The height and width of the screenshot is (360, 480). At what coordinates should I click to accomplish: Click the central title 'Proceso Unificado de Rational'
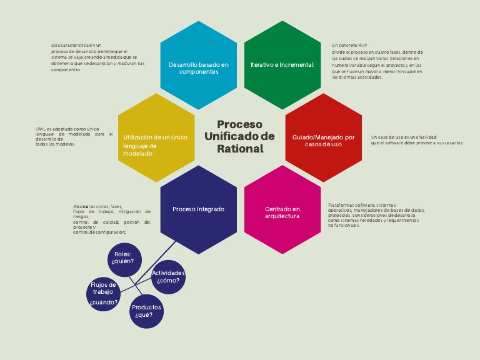click(240, 137)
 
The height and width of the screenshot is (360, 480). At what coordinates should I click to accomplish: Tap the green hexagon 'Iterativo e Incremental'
click(282, 66)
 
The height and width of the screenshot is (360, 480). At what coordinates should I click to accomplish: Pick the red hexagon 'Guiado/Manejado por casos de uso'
click(323, 138)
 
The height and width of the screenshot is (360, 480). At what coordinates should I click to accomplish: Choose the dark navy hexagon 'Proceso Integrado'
click(199, 209)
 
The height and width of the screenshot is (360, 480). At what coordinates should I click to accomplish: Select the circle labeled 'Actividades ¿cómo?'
click(168, 277)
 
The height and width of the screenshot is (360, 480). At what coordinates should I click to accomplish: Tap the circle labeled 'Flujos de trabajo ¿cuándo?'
click(104, 293)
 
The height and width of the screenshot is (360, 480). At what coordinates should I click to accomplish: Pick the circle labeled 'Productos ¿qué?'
click(147, 311)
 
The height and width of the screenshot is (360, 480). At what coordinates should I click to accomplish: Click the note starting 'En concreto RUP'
click(377, 61)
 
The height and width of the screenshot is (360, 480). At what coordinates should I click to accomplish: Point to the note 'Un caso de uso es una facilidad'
click(417, 140)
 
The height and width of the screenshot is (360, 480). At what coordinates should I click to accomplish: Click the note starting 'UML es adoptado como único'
click(74, 136)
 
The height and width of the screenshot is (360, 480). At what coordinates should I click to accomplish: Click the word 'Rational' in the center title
click(240, 149)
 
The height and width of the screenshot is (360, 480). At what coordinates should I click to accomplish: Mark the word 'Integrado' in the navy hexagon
click(211, 209)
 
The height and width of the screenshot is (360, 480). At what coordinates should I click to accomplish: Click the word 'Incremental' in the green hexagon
click(296, 65)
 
